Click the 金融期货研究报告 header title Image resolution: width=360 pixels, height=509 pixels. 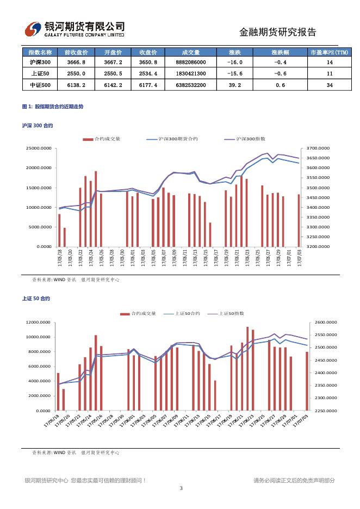coord(278,32)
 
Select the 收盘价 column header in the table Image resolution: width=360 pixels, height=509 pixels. coord(148,52)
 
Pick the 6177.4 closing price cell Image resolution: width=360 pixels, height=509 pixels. coord(148,85)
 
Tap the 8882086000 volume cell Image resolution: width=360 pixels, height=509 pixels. coord(191,63)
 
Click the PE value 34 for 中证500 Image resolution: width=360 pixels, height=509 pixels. coord(330,85)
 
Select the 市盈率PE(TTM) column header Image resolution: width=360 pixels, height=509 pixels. coord(330,52)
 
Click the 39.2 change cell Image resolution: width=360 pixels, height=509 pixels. coord(235,85)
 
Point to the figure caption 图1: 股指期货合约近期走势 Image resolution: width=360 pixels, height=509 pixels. coord(53,107)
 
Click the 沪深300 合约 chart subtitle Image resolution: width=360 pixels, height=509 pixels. coord(38,126)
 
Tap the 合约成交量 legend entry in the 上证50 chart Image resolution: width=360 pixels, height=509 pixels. coord(144,314)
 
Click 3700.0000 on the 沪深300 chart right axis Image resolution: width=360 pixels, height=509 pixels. coord(319,148)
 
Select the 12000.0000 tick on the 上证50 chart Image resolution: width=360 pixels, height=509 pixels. coord(39,322)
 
